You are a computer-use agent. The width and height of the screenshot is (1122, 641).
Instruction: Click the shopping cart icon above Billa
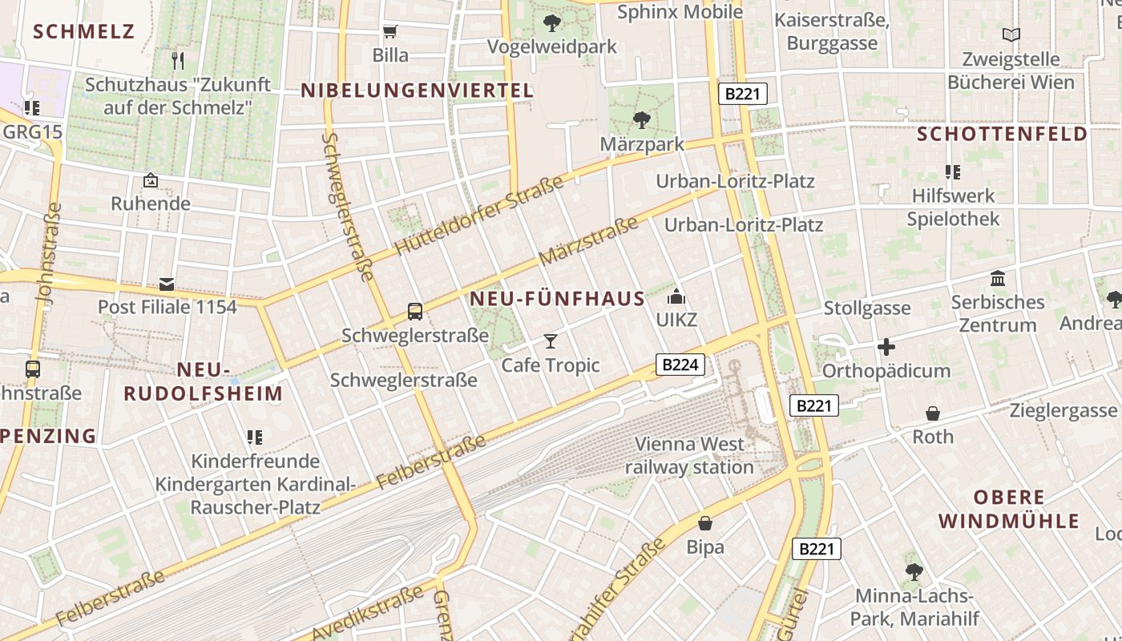click(x=390, y=32)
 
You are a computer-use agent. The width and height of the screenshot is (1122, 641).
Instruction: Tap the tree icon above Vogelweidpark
click(x=552, y=23)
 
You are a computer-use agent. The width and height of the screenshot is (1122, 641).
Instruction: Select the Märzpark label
click(x=642, y=144)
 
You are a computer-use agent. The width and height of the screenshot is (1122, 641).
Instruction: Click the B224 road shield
click(x=681, y=365)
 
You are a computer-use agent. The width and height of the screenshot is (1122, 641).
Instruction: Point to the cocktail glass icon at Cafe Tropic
click(x=550, y=341)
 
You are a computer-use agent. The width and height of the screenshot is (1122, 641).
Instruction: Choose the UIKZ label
click(x=676, y=320)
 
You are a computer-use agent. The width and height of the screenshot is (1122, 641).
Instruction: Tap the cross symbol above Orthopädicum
click(x=886, y=347)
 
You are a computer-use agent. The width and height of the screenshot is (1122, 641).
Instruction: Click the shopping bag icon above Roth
click(x=933, y=413)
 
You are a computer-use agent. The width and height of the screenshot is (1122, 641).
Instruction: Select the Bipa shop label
click(x=705, y=547)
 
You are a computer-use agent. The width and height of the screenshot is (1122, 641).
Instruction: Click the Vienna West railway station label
click(x=689, y=455)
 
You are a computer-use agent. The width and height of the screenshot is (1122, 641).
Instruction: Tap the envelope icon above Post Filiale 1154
click(x=167, y=284)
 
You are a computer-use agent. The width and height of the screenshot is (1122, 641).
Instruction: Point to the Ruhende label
click(x=151, y=204)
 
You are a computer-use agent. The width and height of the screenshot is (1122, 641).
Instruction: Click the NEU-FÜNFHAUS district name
click(x=557, y=300)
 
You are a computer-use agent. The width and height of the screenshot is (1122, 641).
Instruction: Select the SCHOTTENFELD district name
click(x=1002, y=134)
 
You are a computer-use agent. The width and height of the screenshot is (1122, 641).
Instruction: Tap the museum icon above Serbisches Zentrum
click(x=998, y=279)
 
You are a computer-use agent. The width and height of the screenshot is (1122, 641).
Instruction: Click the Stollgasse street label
click(x=867, y=308)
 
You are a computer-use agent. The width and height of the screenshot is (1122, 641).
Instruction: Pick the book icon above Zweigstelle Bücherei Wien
click(x=1011, y=35)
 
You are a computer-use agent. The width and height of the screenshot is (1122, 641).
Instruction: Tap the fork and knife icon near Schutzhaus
click(x=178, y=60)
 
